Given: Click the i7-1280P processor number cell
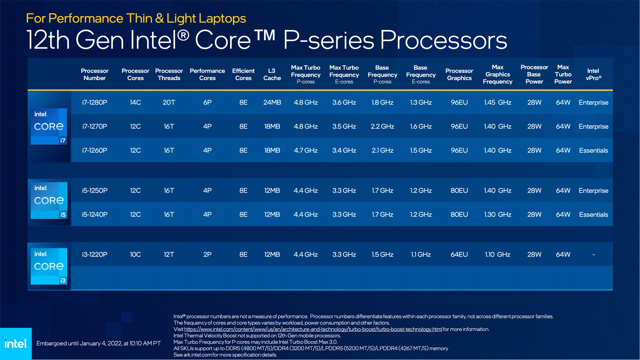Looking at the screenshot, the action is [95, 102].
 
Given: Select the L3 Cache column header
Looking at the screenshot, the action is [272, 74].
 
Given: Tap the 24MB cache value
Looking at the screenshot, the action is [272, 102].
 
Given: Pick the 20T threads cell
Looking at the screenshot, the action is [169, 102].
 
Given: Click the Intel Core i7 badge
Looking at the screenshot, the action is [49, 126].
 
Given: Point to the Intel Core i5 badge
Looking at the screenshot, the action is [49, 200].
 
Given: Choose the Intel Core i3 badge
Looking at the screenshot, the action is [49, 266].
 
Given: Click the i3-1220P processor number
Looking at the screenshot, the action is [95, 254].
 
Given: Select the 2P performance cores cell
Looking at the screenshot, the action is [207, 254].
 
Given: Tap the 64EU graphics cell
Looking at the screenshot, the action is [459, 254].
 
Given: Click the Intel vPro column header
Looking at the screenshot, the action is [593, 74].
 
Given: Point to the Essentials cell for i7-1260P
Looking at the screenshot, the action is [593, 150].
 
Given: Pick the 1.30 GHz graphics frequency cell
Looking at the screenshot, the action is [498, 214].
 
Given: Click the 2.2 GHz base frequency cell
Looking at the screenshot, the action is [382, 126].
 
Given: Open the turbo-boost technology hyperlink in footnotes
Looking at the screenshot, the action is [313, 329].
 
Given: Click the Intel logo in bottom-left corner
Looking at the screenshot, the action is [16, 344].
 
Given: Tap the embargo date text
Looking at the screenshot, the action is [99, 343].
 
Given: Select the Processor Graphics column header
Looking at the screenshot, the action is [459, 74].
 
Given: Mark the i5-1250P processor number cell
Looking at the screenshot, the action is [95, 190].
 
